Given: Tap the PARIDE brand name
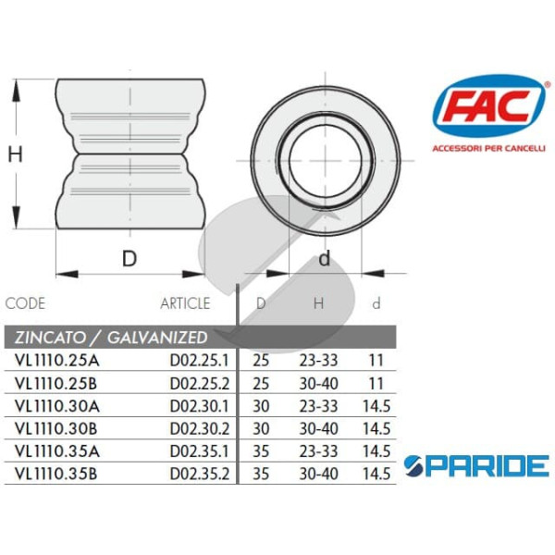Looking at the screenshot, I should (x=477, y=465).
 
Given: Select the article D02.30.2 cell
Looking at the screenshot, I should (x=200, y=427).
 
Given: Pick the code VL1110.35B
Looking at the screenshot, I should (x=55, y=474).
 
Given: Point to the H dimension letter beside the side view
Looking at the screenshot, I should (x=16, y=154).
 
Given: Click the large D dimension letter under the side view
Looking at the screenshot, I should (x=129, y=259).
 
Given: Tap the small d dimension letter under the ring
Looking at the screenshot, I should (x=324, y=259).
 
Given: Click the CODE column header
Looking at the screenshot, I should (x=25, y=303).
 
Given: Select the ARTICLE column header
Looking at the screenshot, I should (x=185, y=303).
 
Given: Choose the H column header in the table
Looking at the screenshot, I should (x=318, y=303).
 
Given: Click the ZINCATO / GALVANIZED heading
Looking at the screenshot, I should (x=106, y=337).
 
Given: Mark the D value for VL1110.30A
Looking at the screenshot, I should (x=261, y=404).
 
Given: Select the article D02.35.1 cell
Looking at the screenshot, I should (x=200, y=450).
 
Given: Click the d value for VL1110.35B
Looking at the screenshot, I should (x=376, y=474).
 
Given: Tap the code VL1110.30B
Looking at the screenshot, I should (x=55, y=427).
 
